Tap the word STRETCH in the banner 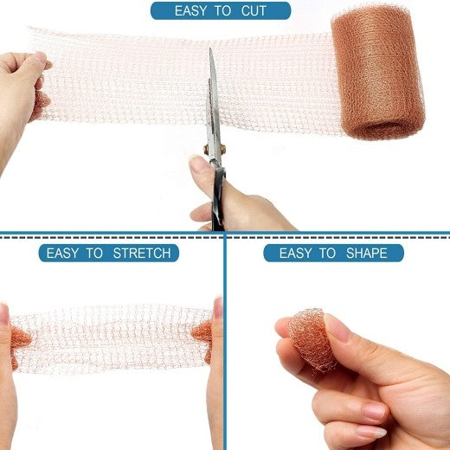(x=143, y=254)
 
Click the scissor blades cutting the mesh (x=212, y=95)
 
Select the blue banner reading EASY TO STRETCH (x=109, y=254)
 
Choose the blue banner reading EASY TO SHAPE (x=333, y=254)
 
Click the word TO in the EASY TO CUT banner (x=222, y=11)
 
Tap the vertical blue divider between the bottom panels (x=225, y=346)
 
